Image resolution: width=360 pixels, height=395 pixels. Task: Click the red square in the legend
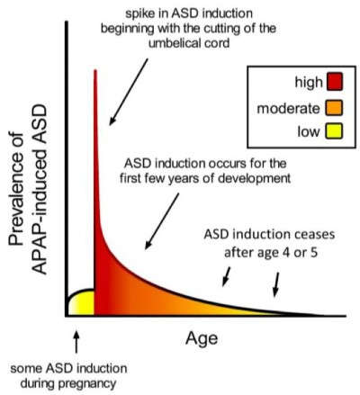(335, 82)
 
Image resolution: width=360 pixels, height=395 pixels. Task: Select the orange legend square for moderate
(335, 108)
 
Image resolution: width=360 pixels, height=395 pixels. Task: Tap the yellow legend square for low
(335, 131)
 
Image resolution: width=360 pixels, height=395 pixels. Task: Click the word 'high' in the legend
(309, 82)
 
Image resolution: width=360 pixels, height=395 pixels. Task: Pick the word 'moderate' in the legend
(288, 108)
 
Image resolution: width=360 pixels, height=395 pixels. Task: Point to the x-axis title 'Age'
(202, 339)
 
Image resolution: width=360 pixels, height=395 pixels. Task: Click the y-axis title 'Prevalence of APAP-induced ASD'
(28, 189)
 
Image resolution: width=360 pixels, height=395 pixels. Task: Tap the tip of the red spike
(95, 70)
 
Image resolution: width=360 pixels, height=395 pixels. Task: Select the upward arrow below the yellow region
(76, 342)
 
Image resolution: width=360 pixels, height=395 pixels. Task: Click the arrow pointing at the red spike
(129, 92)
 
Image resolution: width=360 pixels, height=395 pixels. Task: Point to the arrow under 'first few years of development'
(162, 221)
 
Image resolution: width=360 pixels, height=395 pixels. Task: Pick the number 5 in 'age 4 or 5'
(313, 253)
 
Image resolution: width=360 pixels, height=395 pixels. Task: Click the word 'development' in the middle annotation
(254, 179)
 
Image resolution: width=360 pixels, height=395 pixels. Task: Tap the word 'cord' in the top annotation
(220, 43)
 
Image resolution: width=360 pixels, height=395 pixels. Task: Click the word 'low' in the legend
(309, 131)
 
